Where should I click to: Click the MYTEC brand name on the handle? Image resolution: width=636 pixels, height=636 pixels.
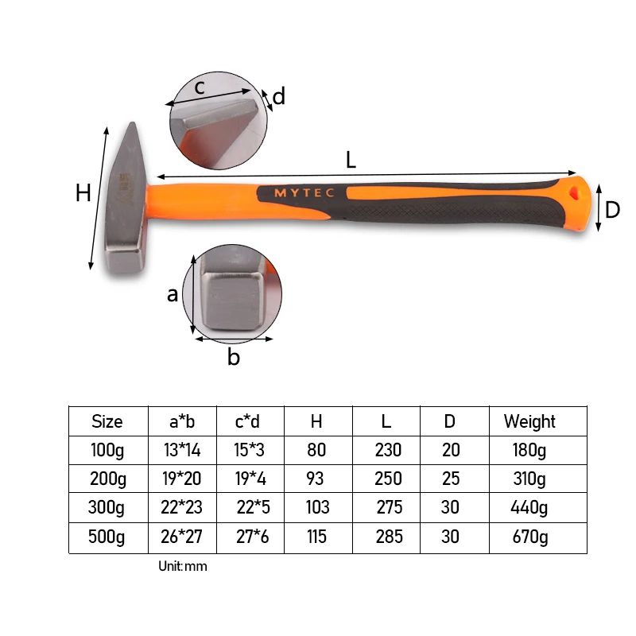(304, 192)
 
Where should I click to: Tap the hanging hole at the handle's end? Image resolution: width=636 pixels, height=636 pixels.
(574, 192)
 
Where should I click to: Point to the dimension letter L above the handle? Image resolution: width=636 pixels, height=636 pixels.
(351, 160)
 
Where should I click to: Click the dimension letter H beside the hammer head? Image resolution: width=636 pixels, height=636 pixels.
(83, 192)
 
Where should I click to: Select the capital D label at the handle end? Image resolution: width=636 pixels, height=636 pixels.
(612, 210)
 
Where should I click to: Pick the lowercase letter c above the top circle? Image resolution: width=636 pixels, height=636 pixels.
(200, 87)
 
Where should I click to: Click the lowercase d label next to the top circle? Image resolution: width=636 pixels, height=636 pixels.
(279, 96)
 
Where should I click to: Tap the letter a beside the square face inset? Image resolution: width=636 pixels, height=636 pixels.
(173, 295)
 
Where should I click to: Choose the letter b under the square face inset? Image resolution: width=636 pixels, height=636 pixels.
(234, 356)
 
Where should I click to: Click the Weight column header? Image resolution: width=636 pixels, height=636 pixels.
(529, 422)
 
